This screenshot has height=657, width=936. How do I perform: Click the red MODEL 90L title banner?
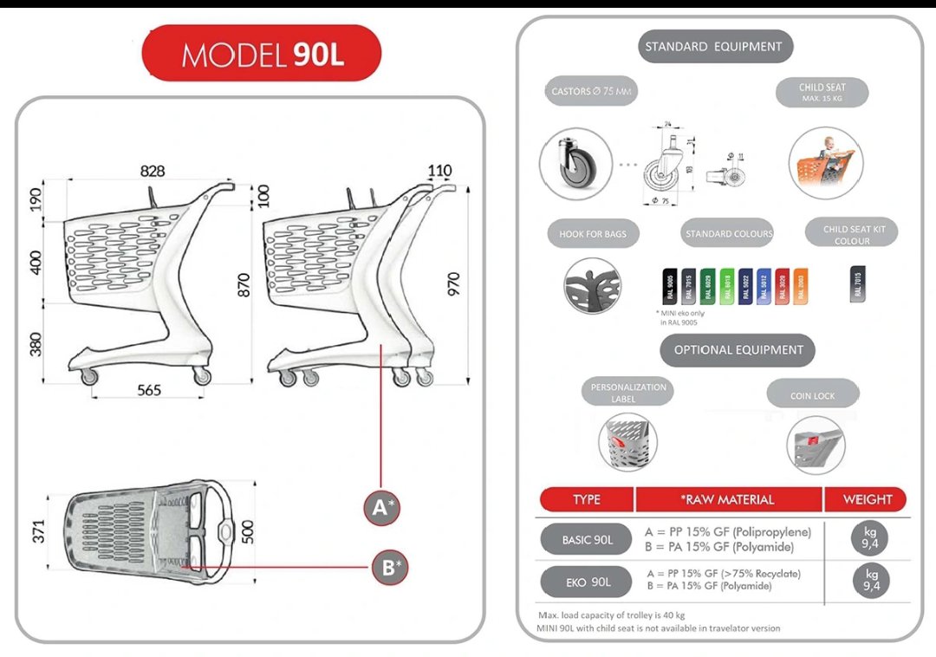(262, 54)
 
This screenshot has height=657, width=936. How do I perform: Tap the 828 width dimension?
(153, 172)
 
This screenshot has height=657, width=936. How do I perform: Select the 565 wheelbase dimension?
(149, 390)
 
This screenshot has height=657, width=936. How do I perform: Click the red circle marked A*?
(382, 507)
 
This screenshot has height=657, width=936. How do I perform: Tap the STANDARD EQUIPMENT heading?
(715, 46)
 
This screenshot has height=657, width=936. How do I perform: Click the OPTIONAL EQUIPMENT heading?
(738, 350)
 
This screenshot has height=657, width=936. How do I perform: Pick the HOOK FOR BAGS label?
(593, 234)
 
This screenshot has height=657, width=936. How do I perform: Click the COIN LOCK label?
(812, 396)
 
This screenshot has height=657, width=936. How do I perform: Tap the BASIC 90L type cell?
(587, 540)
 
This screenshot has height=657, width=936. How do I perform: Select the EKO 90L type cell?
(588, 582)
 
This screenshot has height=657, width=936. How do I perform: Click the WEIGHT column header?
(867, 499)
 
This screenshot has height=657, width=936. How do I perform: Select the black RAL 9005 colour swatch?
(668, 286)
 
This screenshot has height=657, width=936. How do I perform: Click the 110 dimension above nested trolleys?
(439, 172)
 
